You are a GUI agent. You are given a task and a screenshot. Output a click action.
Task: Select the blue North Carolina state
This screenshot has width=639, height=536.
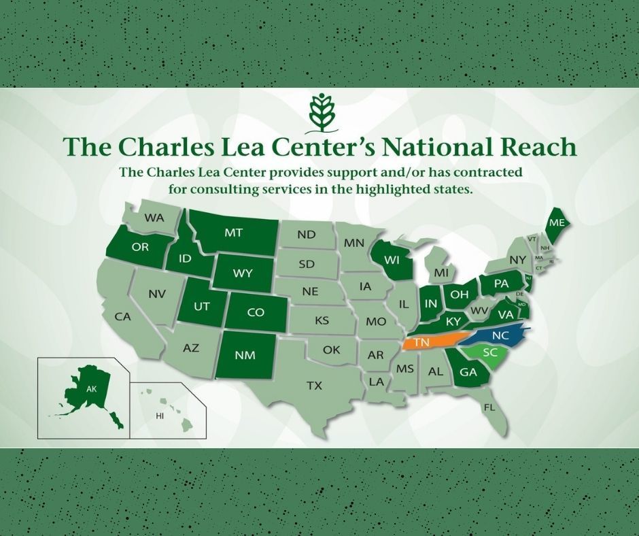[x=500, y=336]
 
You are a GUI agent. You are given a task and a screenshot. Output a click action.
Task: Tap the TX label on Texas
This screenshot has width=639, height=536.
[x=313, y=386]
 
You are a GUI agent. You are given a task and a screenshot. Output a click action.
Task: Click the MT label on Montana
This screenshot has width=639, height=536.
[x=233, y=232]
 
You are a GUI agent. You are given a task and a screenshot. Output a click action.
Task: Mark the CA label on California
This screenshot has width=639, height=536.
[x=122, y=316]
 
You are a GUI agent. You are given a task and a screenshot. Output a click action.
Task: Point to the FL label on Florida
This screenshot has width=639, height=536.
[x=488, y=407]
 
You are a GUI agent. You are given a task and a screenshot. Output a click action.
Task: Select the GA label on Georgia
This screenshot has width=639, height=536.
[x=468, y=372]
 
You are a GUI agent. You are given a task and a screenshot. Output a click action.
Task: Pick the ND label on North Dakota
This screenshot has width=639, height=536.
[x=307, y=235]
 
